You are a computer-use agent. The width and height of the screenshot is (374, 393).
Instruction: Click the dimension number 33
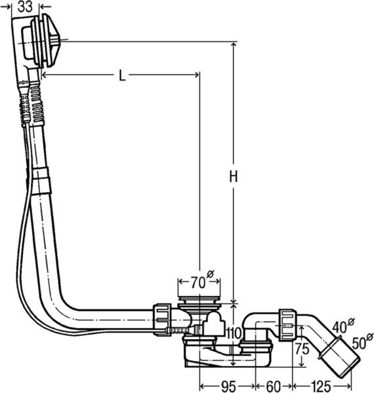coord(25,7)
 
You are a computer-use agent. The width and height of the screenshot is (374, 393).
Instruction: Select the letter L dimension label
coord(122,75)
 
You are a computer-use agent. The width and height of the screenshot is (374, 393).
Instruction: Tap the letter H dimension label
coord(234,177)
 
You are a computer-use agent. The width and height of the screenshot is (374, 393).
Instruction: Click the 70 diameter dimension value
coord(198,283)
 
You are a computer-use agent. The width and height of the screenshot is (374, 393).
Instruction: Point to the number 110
coord(234,333)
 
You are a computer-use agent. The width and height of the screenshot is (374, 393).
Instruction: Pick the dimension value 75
coord(302,348)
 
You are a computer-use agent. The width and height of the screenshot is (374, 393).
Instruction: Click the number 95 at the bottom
coord(228,386)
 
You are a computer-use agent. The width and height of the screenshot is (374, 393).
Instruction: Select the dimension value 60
coord(274,386)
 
